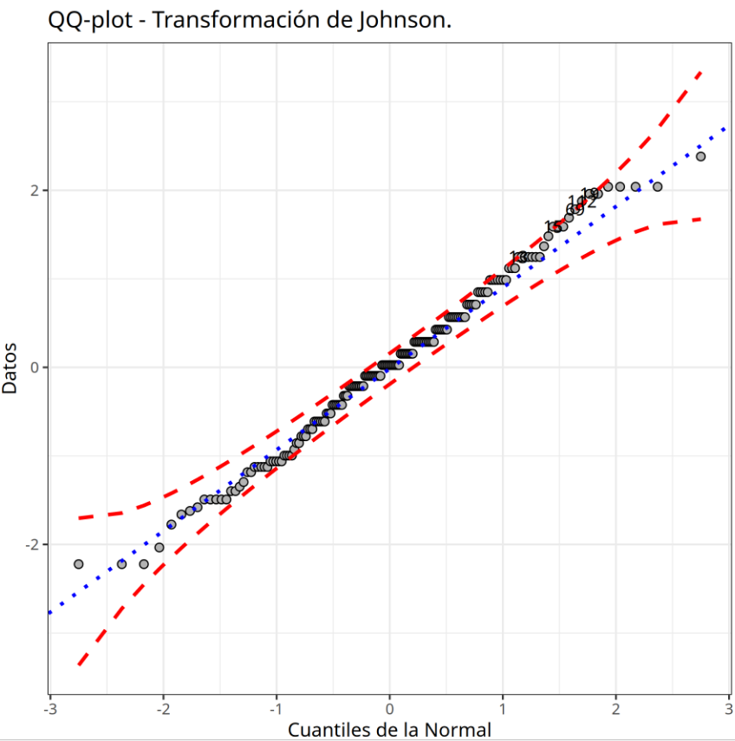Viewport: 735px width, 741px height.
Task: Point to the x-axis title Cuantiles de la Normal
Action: click(x=389, y=730)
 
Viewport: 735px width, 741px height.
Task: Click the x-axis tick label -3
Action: click(x=50, y=709)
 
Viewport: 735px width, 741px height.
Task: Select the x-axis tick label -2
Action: click(x=163, y=709)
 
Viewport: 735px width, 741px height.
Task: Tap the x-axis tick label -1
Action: click(x=276, y=709)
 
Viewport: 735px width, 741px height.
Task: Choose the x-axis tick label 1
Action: click(x=503, y=709)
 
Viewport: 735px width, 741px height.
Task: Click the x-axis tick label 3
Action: click(x=728, y=709)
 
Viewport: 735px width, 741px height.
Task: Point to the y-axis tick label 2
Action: click(x=34, y=191)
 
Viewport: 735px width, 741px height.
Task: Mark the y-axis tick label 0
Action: click(x=34, y=367)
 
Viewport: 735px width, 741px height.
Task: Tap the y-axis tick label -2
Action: click(x=31, y=544)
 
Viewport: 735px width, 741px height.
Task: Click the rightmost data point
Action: click(x=700, y=156)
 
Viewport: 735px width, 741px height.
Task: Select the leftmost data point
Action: click(x=78, y=564)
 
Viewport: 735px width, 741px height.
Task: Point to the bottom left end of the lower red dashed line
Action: click(x=78, y=665)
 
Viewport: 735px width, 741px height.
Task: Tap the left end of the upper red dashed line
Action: click(x=78, y=518)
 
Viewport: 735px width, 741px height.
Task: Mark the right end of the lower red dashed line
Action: click(x=700, y=218)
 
